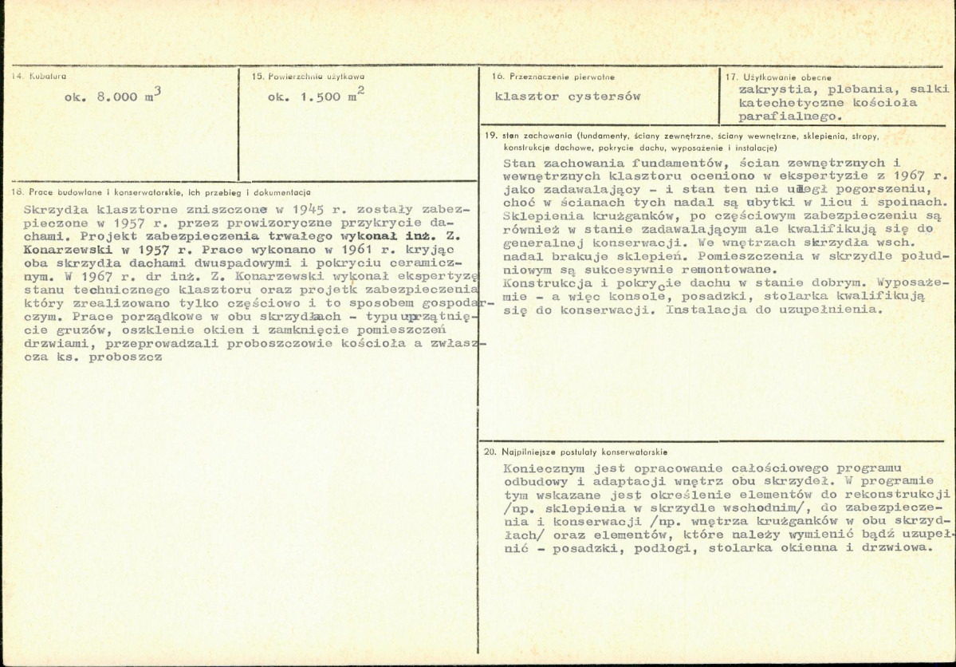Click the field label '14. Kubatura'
[x=38, y=76]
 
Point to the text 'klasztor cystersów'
[x=568, y=97]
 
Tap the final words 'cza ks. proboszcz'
[x=92, y=357]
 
